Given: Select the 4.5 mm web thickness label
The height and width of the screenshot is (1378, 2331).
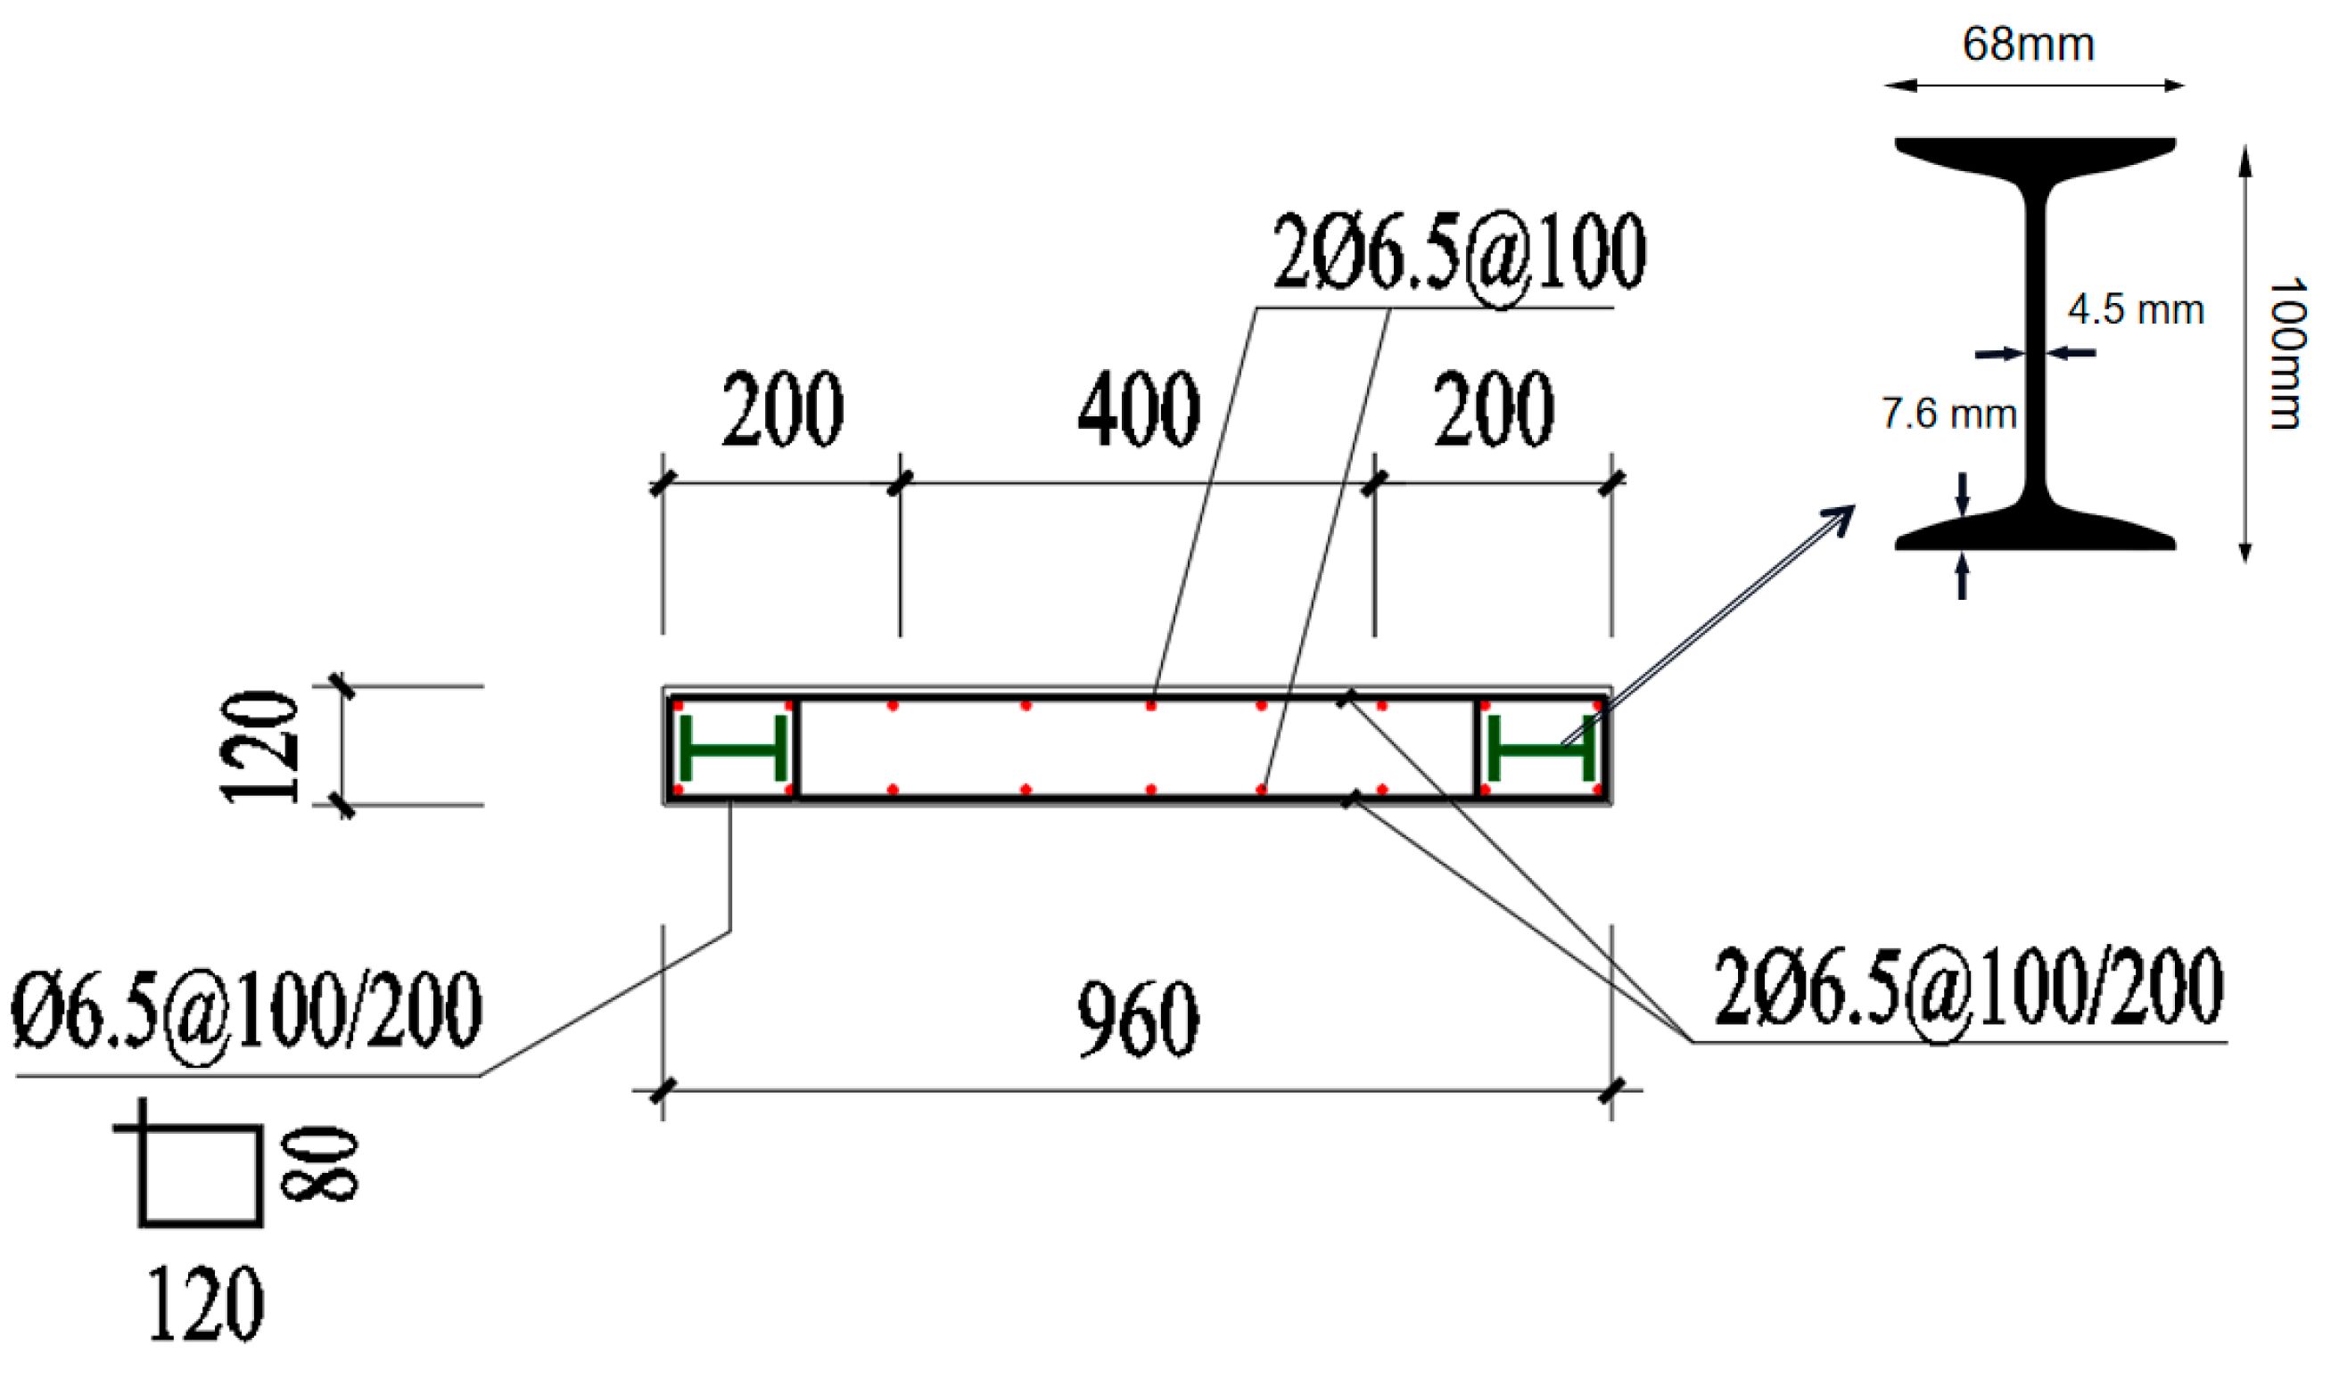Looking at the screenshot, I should (x=2136, y=310).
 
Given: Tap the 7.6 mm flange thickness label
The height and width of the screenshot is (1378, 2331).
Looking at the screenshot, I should (x=1948, y=414).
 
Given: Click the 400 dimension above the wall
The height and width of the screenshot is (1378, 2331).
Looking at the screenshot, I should (x=1139, y=409).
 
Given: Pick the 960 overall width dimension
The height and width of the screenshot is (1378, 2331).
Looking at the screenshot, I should (x=1138, y=1019).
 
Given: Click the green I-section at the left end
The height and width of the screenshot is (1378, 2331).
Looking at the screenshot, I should (x=733, y=749).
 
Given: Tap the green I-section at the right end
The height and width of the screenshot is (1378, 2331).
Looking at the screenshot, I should (x=1542, y=749).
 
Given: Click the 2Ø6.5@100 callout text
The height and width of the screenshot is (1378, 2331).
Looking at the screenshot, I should (x=1458, y=252).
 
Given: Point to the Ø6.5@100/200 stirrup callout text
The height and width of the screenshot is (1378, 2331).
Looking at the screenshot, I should (x=246, y=1010).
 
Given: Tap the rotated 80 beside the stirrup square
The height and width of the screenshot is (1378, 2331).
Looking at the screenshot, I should (x=318, y=1166).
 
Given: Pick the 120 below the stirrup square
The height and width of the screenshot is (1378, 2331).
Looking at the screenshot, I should (x=205, y=1304).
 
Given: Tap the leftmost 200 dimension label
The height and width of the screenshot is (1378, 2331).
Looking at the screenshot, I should (x=783, y=409).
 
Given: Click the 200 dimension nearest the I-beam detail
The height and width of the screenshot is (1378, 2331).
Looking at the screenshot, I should (x=1494, y=409).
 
